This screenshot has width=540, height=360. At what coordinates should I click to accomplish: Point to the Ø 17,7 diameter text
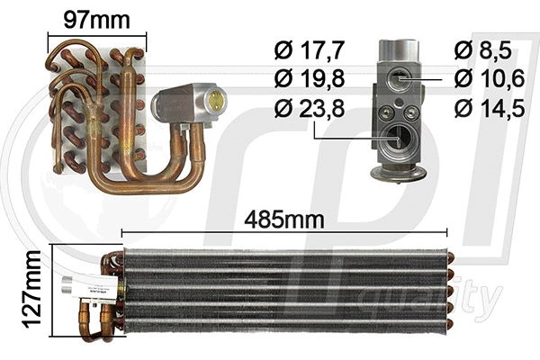(x=307, y=49)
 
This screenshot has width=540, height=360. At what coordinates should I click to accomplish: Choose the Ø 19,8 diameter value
(x=307, y=79)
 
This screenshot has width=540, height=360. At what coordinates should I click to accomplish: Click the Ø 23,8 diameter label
(x=307, y=111)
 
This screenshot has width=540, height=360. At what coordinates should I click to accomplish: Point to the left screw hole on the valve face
(x=387, y=112)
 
